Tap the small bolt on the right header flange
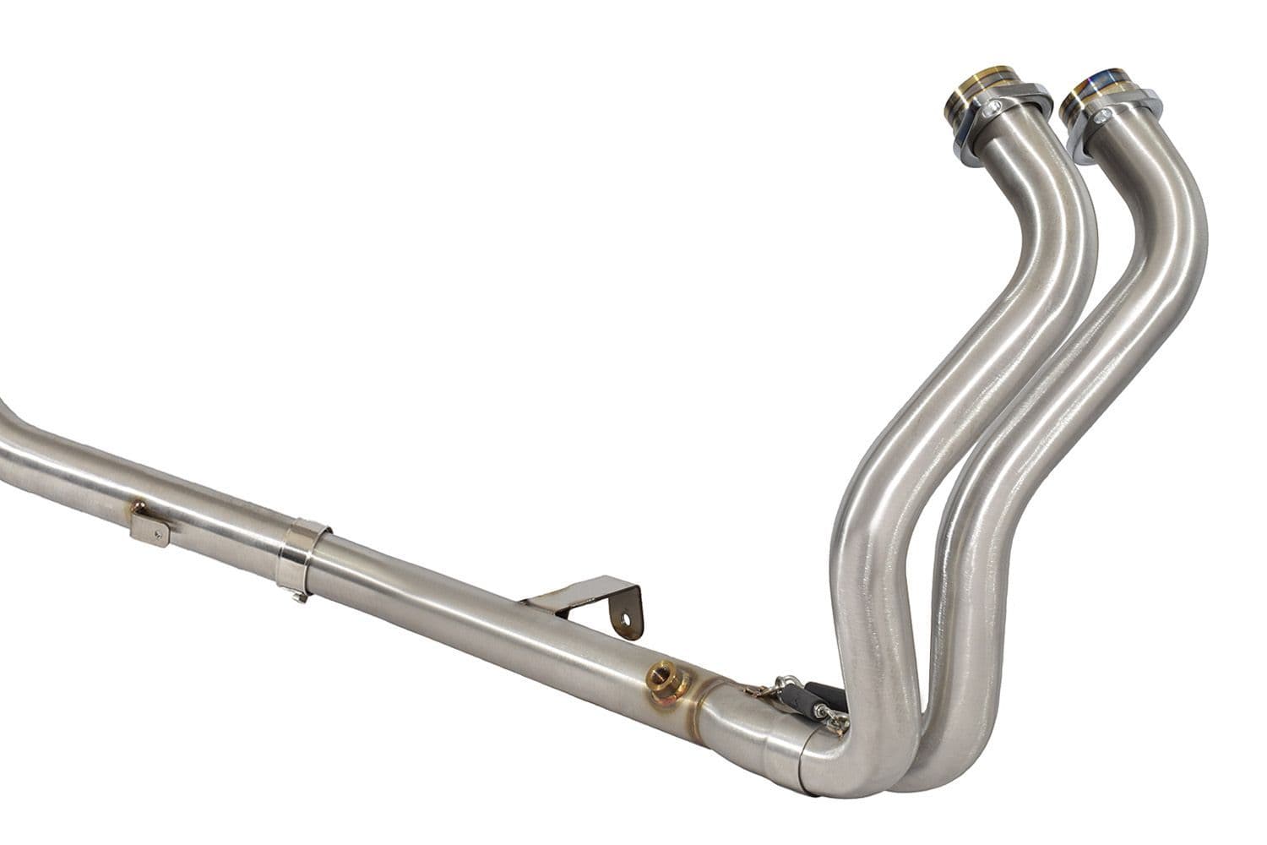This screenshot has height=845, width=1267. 1105,111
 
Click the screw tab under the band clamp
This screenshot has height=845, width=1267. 296,596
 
